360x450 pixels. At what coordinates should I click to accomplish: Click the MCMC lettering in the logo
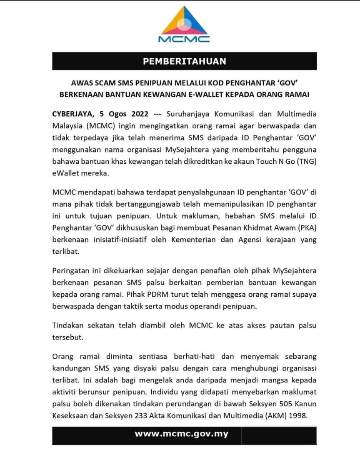(x=184, y=39)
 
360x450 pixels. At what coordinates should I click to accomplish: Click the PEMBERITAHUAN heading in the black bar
(x=184, y=61)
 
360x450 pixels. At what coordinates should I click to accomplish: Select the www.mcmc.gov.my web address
(x=181, y=434)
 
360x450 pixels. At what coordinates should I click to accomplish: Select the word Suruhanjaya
(x=187, y=114)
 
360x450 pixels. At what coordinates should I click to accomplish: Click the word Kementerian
(x=211, y=240)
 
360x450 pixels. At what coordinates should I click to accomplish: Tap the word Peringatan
(x=71, y=272)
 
